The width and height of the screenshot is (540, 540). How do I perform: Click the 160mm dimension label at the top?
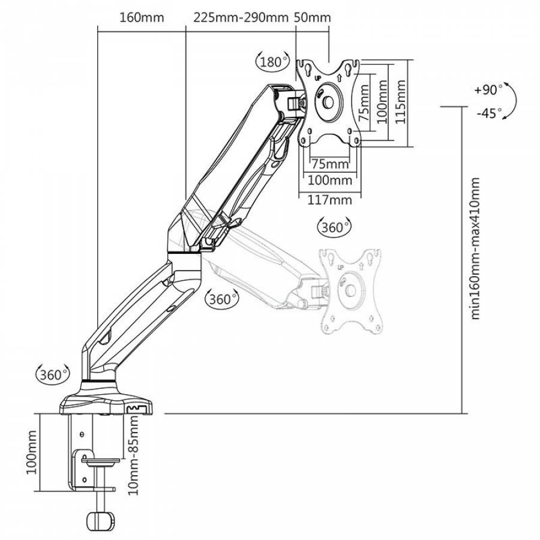coord(142,17)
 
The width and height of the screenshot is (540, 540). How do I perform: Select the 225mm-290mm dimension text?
coord(241,17)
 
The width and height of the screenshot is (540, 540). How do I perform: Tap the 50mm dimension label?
coord(313,17)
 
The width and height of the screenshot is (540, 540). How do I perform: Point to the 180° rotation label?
coord(272,62)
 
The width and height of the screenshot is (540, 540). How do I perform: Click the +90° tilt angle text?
coord(487,90)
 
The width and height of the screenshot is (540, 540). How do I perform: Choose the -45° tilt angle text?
coord(488,113)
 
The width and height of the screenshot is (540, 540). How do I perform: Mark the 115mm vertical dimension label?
coord(401,103)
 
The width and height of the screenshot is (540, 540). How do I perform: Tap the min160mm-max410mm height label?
coord(476,248)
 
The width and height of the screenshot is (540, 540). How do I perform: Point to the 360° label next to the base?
coord(52,375)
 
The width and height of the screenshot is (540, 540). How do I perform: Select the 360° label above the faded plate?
coord(333,227)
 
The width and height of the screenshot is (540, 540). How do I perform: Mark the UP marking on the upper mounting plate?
coord(317,78)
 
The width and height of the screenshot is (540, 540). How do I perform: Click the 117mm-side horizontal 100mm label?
coord(329,180)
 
